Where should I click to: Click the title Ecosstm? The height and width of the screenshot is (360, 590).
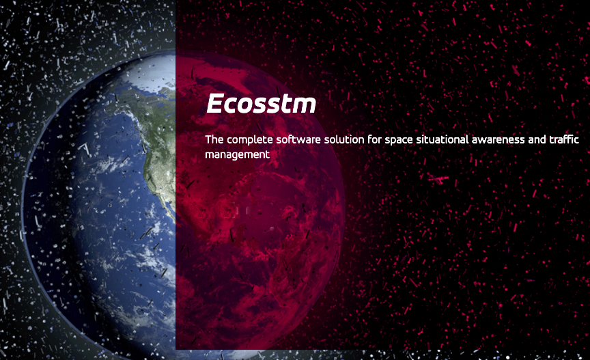click(x=261, y=103)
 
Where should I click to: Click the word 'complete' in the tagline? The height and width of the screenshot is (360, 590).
click(x=249, y=140)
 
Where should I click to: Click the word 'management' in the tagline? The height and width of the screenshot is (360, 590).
click(x=237, y=155)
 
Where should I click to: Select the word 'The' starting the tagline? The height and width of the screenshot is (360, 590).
click(x=214, y=139)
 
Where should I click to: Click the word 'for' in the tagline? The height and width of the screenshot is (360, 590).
click(x=374, y=139)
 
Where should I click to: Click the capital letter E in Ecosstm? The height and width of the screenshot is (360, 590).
click(x=215, y=103)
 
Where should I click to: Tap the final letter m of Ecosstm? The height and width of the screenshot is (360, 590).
click(x=304, y=105)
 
